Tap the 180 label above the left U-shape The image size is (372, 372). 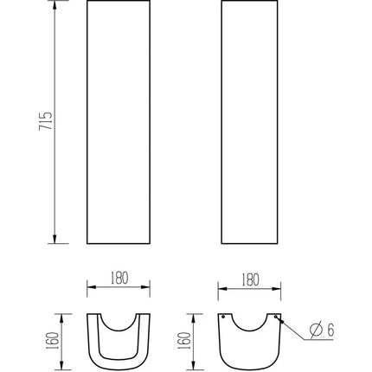(x=119, y=278)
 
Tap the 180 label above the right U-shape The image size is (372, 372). (x=249, y=278)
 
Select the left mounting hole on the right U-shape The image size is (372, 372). (x=224, y=317)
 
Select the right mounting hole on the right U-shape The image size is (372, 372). (x=277, y=317)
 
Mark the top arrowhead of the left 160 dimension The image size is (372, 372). (x=63, y=314)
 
